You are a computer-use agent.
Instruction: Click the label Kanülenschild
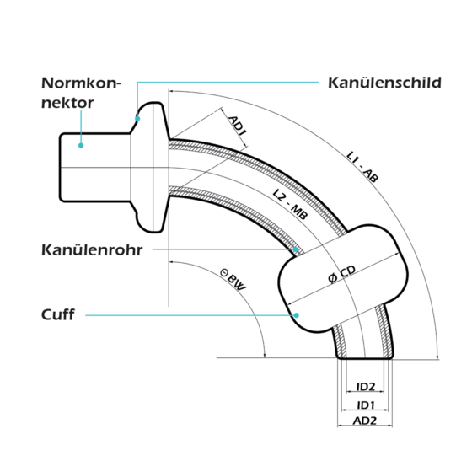pos(384,83)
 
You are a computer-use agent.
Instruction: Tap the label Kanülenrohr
pos(92,249)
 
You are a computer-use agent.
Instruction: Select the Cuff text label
pos(58,314)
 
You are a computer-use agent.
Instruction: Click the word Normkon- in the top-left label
pos(81,83)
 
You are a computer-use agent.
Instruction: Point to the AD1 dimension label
pos(238,126)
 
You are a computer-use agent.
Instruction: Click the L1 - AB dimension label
pos(362,167)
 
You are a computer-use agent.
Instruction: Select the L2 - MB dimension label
pos(290,204)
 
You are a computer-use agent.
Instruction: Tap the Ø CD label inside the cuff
pos(341,274)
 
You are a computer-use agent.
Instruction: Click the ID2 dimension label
pos(366,387)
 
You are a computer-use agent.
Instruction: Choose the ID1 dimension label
pos(366,405)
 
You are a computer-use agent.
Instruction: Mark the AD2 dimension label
pos(365,421)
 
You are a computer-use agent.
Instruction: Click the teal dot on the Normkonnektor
pos(81,145)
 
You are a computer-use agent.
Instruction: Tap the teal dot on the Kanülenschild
pos(137,119)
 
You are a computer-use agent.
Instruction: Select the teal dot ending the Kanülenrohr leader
pos(296,249)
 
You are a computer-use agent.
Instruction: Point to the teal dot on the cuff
pos(296,315)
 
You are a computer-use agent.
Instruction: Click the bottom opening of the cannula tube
pos(365,358)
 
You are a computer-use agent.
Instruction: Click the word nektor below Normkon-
pos(67,103)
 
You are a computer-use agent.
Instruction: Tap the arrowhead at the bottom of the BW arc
pos(265,356)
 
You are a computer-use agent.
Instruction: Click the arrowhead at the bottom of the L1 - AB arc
pos(437,356)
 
